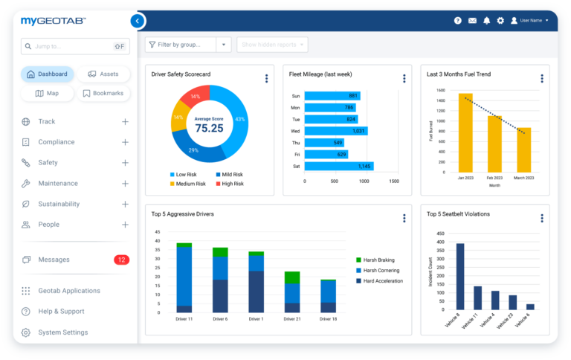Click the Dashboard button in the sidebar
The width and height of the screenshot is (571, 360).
pyautogui.click(x=48, y=74)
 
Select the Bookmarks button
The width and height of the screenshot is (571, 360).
pyautogui.click(x=103, y=94)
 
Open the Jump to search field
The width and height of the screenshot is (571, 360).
pyautogui.click(x=74, y=46)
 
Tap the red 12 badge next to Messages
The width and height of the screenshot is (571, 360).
pyautogui.click(x=121, y=260)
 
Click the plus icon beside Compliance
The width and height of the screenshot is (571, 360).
pyautogui.click(x=125, y=142)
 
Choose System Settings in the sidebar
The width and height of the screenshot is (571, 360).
pyautogui.click(x=62, y=332)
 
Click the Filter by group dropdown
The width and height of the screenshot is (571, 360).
pyautogui.click(x=188, y=45)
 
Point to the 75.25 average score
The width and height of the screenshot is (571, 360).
pyautogui.click(x=209, y=128)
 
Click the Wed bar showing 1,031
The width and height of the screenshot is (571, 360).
pyautogui.click(x=337, y=131)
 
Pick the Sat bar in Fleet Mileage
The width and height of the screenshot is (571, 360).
pyautogui.click(x=339, y=166)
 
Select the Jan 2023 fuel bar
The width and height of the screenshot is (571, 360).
pyautogui.click(x=465, y=132)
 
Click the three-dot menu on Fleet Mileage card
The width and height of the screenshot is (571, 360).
pyautogui.click(x=404, y=78)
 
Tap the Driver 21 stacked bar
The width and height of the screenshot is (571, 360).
pyautogui.click(x=292, y=292)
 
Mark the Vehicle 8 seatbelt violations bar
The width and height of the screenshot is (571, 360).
pyautogui.click(x=460, y=276)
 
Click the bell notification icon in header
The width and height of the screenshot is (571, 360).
pyautogui.click(x=486, y=21)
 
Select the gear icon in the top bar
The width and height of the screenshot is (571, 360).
pyautogui.click(x=500, y=21)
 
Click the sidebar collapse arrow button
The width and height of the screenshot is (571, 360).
pyautogui.click(x=137, y=21)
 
